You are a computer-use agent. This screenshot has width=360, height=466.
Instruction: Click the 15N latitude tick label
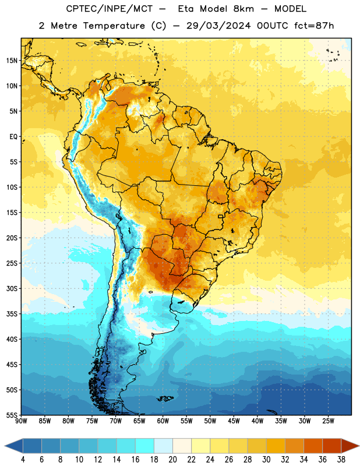[x=12, y=61]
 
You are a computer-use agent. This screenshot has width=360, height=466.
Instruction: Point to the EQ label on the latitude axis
[x=13, y=137]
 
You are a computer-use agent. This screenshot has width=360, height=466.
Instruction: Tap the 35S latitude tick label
[x=12, y=314]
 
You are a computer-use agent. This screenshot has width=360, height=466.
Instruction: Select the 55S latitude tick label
[x=12, y=415]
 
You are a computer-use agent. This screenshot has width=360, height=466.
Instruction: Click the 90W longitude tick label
[x=21, y=421]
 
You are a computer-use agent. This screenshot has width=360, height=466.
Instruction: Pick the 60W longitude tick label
[x=163, y=421]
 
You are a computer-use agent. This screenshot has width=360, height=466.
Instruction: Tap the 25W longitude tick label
[x=328, y=421]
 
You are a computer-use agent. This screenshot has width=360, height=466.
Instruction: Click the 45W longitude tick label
[x=234, y=421]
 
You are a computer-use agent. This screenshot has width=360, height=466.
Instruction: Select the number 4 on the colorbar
[x=23, y=460]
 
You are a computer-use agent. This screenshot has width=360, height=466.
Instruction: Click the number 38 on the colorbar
[x=341, y=460]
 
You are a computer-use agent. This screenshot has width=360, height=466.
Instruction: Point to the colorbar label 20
[x=172, y=460]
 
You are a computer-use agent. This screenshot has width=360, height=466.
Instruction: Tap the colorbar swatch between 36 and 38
[x=332, y=446]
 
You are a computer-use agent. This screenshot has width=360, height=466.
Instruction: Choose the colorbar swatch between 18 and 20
[x=163, y=446]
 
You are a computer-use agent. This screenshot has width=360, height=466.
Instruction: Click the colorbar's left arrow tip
[x=5, y=446]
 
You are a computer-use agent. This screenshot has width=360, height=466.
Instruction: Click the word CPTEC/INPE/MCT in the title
[x=110, y=9]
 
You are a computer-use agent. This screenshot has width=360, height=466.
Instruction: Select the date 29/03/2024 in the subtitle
[x=218, y=26]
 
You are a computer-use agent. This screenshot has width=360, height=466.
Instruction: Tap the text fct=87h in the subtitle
[x=314, y=26]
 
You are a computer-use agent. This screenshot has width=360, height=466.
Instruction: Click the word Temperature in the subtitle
[x=114, y=26]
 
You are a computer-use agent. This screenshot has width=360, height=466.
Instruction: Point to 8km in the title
[x=243, y=9]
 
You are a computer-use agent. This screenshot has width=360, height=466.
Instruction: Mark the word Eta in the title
[x=186, y=9]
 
